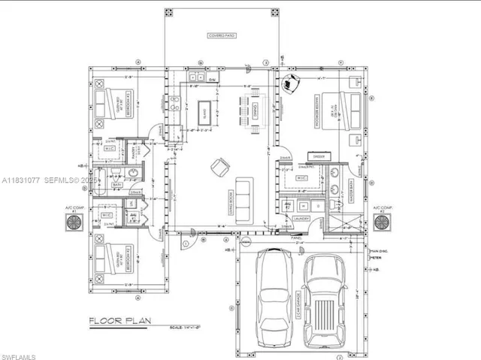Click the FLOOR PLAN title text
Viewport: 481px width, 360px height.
[120, 322]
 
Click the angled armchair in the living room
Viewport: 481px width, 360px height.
[219, 167]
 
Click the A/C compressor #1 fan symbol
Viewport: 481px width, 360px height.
[74, 223]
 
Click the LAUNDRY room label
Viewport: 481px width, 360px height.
[302, 219]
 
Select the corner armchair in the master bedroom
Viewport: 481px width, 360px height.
[290, 83]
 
